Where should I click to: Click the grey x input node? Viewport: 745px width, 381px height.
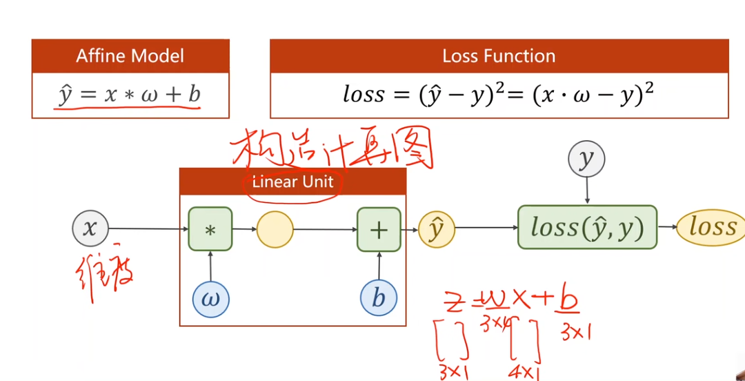[90, 228]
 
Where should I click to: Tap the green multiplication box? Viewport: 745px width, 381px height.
[210, 229]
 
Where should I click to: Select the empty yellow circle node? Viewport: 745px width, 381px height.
[275, 229]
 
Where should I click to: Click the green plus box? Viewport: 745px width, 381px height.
[379, 229]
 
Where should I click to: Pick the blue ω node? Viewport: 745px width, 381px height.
[210, 299]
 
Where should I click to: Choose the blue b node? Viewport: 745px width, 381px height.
[379, 298]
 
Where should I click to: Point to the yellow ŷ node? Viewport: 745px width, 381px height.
[437, 228]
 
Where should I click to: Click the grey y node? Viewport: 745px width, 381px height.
[586, 159]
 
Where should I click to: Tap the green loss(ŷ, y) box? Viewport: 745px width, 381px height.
[587, 227]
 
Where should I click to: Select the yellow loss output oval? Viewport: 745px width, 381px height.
[711, 227]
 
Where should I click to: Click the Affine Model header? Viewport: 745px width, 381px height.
[130, 56]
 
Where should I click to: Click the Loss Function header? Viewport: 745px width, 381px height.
[499, 56]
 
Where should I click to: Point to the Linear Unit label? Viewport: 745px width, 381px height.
[292, 182]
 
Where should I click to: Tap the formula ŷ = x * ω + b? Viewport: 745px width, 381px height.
[130, 95]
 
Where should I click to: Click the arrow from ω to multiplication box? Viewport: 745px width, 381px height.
[210, 266]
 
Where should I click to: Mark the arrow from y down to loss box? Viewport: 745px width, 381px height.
[586, 190]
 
